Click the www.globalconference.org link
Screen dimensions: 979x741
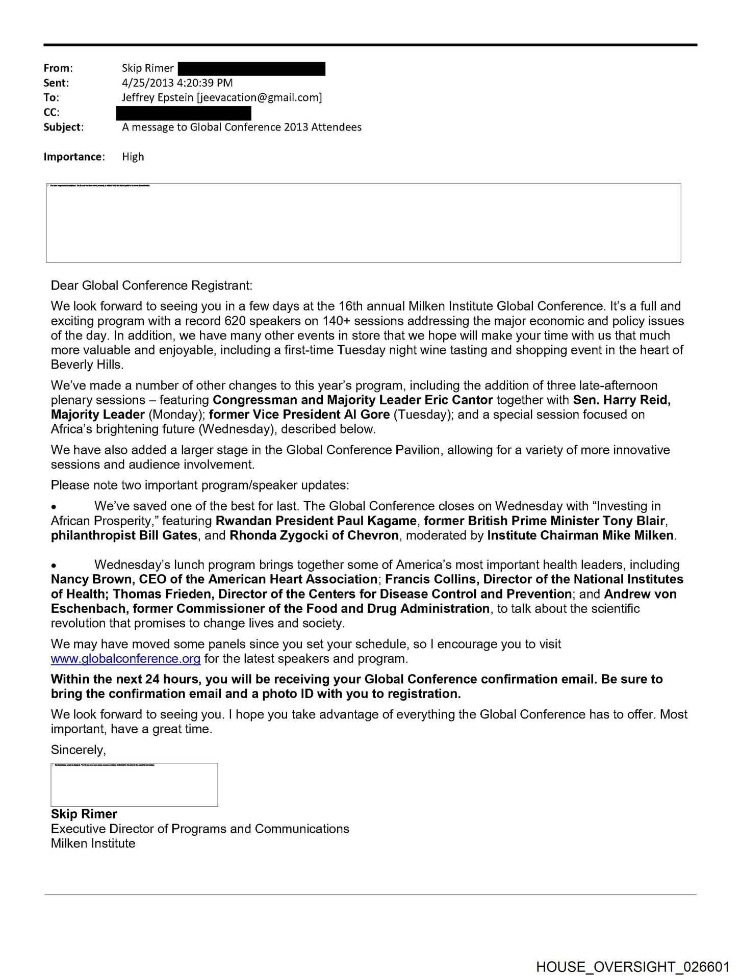point(125,659)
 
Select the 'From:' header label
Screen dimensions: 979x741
point(58,68)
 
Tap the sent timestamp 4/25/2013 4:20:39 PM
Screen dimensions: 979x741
point(177,83)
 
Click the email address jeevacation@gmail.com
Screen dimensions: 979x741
point(260,97)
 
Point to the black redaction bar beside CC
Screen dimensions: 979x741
point(184,113)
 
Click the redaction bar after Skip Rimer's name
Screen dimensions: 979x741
point(251,68)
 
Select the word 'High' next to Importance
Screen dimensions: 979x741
point(133,157)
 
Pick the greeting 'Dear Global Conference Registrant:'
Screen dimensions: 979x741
point(151,285)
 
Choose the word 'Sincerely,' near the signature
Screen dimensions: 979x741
point(79,750)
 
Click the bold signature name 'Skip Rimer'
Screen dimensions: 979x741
point(84,814)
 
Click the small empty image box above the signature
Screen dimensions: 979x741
point(134,785)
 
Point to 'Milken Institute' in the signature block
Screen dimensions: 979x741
point(93,843)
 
